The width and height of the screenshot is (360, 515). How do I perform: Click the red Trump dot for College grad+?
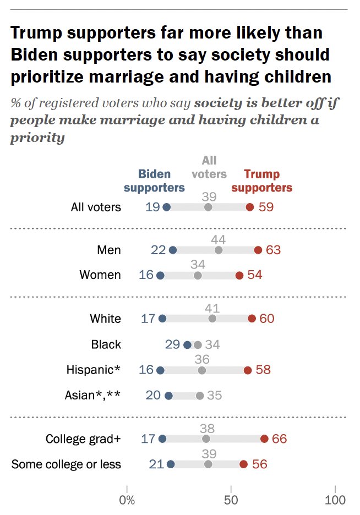click(x=264, y=439)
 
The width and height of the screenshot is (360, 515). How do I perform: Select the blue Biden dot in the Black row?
click(x=187, y=345)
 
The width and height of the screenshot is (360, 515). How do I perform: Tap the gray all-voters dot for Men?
click(x=219, y=250)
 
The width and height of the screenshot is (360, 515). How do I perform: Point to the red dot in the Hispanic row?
click(x=248, y=370)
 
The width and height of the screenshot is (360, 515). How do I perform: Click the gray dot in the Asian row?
click(x=200, y=396)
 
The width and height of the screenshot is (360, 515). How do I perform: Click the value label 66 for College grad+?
click(x=279, y=439)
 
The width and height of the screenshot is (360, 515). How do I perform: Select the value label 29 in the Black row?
click(x=172, y=345)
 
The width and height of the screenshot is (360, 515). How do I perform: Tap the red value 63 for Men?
click(x=273, y=250)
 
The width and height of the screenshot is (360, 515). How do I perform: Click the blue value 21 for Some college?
click(x=156, y=464)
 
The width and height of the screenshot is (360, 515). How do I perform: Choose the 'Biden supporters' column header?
click(x=154, y=181)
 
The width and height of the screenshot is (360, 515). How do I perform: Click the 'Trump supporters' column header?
click(x=261, y=181)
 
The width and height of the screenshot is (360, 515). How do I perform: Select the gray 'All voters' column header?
click(x=209, y=167)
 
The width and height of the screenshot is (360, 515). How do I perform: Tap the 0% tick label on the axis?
click(x=127, y=500)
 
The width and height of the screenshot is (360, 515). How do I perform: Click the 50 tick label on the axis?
click(x=231, y=500)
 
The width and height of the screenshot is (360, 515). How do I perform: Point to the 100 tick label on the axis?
click(x=335, y=500)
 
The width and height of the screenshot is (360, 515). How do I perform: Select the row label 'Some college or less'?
click(x=66, y=464)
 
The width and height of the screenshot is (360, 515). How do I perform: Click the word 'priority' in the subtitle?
click(x=37, y=137)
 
